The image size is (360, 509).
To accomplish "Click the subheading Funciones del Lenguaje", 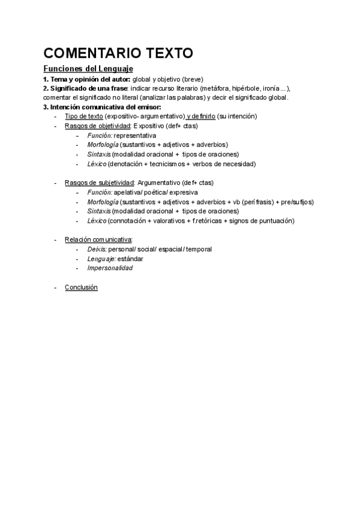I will coord(88,69).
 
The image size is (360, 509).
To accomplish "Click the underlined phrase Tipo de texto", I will coord(83,116).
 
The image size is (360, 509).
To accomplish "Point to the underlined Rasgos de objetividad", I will coord(97,126).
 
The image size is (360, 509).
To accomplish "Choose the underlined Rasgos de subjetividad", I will coord(99,182).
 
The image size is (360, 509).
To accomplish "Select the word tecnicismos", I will coord(169,163).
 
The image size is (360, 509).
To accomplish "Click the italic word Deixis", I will coord(97,249).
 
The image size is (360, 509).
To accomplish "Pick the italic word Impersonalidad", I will coord(110,268).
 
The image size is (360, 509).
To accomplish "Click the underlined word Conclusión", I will coord(81,287).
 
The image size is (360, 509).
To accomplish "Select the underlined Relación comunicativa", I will coord(98,239).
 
